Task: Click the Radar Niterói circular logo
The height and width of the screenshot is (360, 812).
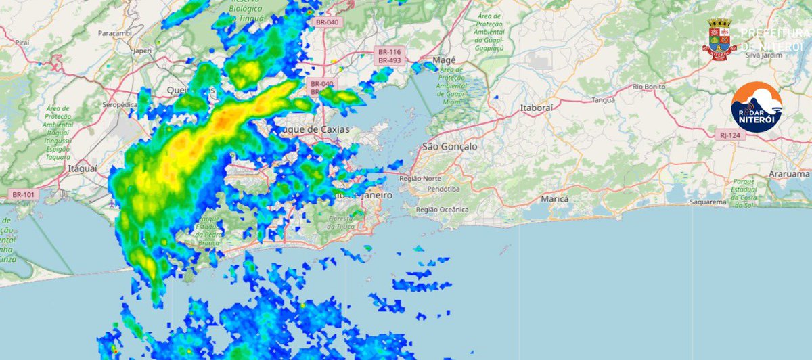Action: (x=757, y=107)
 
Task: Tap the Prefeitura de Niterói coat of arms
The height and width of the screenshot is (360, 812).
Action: (x=719, y=40)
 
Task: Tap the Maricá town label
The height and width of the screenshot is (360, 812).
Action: (x=554, y=200)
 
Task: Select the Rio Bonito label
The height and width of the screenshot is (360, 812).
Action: (x=649, y=87)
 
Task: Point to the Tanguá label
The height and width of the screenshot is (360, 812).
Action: (x=602, y=99)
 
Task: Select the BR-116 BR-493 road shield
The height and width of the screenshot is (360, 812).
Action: (x=390, y=56)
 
